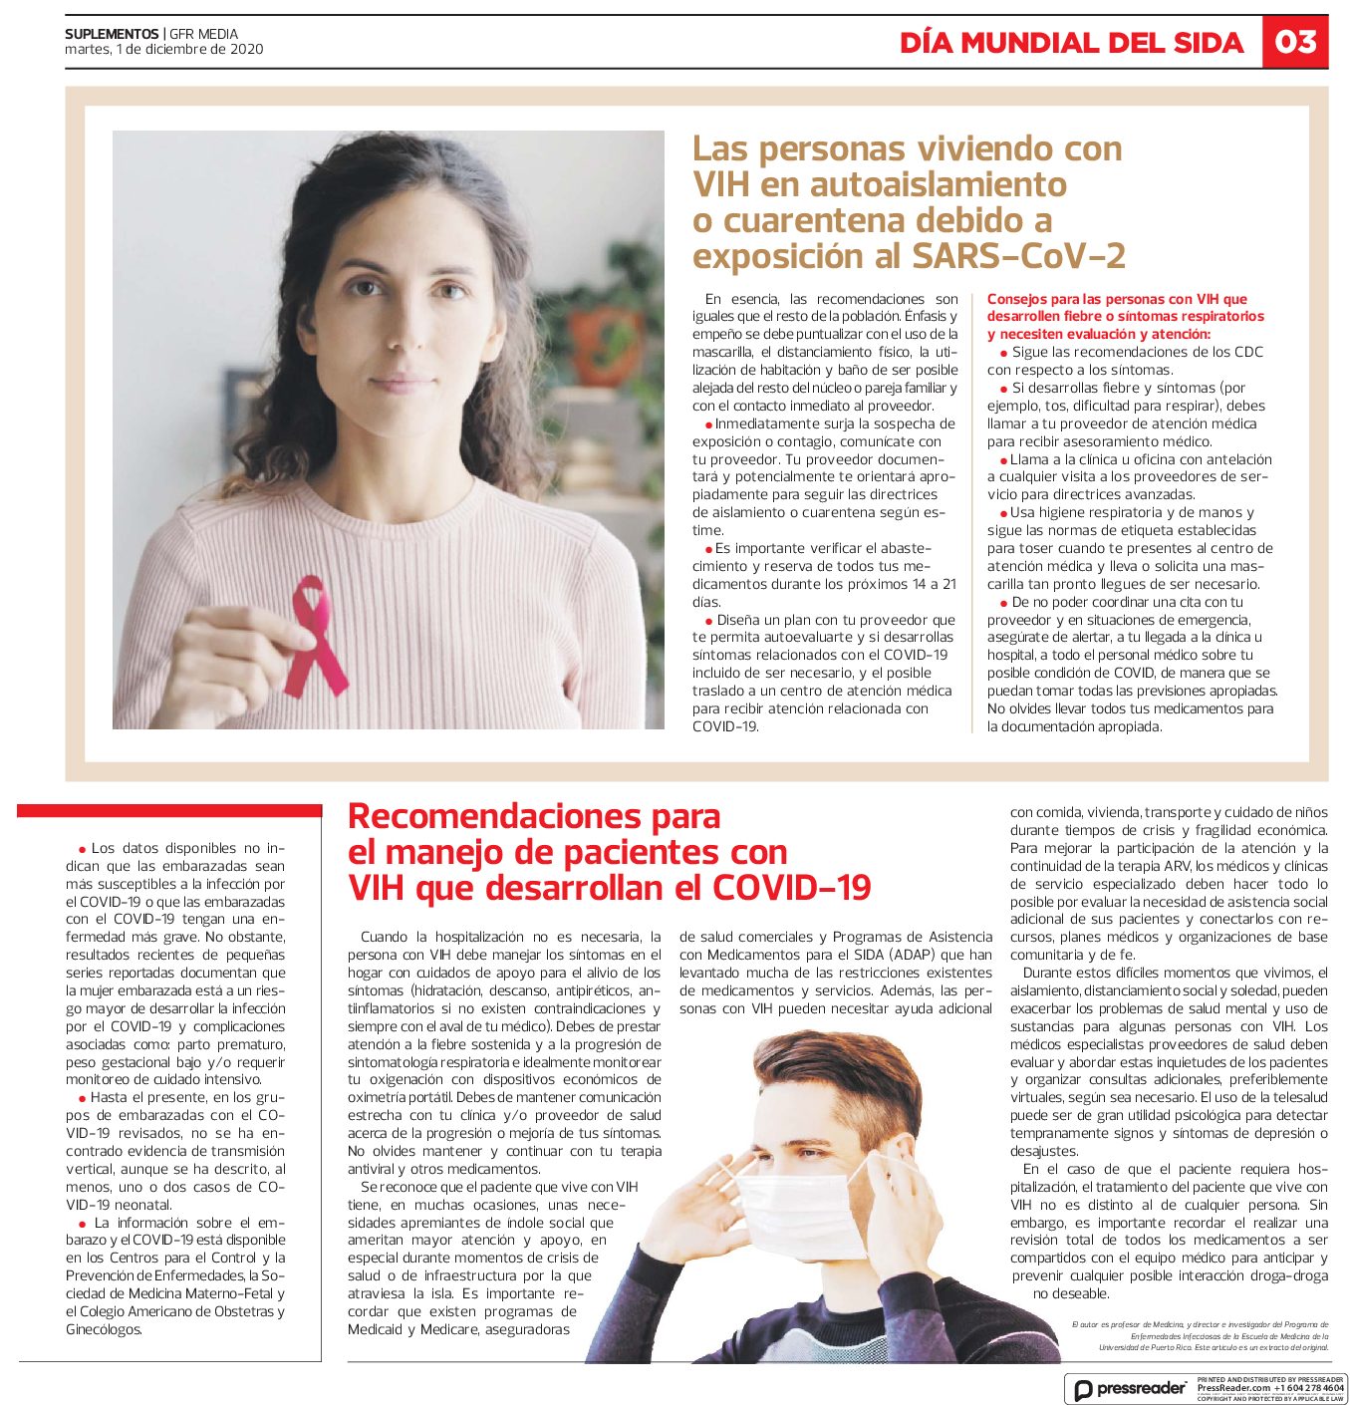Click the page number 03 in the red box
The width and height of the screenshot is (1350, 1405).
coord(1295,42)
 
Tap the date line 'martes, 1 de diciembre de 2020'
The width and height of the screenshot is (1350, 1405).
coord(164,49)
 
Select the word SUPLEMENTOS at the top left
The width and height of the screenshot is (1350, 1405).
coord(112,34)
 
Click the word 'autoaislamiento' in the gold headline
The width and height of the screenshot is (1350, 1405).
coord(939,184)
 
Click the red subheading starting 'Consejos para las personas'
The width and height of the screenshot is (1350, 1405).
coord(1125,316)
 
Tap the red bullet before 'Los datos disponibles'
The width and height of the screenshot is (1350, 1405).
coord(82,849)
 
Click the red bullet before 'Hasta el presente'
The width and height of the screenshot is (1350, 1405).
coord(82,1098)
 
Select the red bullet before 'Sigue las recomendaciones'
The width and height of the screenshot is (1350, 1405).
coord(1003,353)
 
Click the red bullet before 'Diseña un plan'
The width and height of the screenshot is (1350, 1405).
coord(708,621)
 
